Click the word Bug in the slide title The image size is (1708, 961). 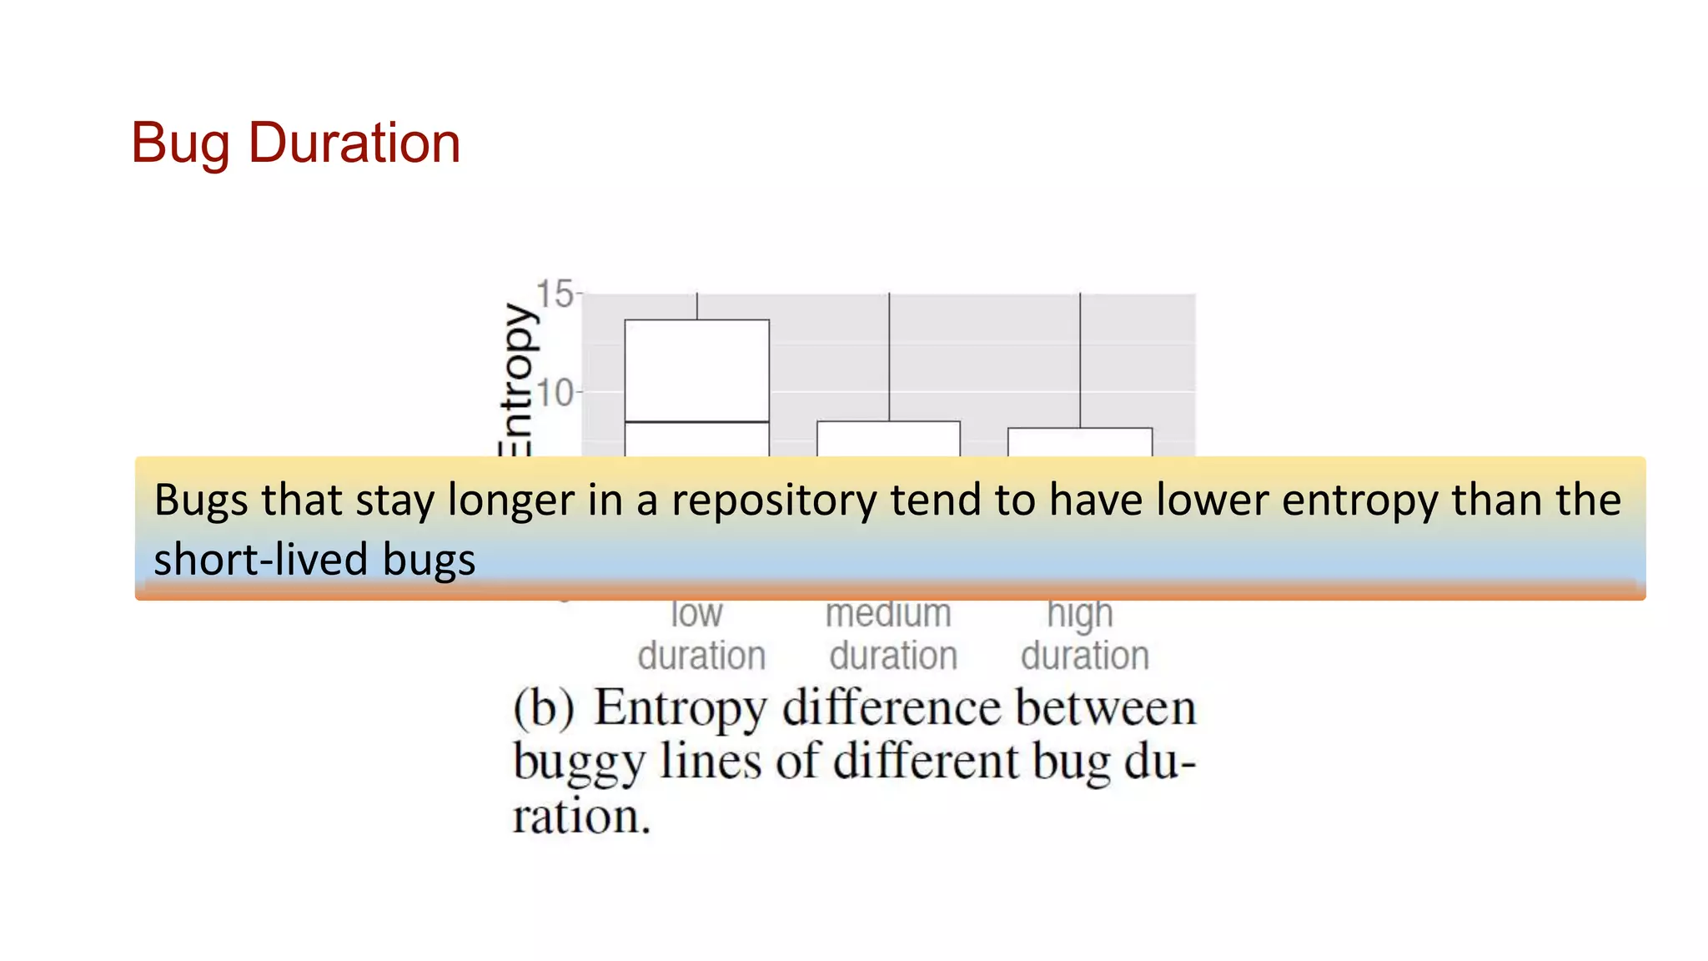[180, 143]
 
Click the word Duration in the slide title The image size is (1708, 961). [354, 143]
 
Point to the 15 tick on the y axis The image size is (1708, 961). [555, 294]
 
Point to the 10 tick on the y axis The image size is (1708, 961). [555, 392]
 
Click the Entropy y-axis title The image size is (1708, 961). [517, 380]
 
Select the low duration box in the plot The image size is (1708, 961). [697, 371]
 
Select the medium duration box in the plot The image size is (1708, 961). [888, 439]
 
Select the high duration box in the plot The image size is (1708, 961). [1080, 442]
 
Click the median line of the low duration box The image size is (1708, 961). [697, 422]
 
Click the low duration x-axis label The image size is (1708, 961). [701, 635]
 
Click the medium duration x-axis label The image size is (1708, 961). [892, 635]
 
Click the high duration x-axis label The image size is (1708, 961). [1084, 635]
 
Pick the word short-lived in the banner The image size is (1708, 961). [263, 559]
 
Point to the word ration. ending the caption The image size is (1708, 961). [581, 817]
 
